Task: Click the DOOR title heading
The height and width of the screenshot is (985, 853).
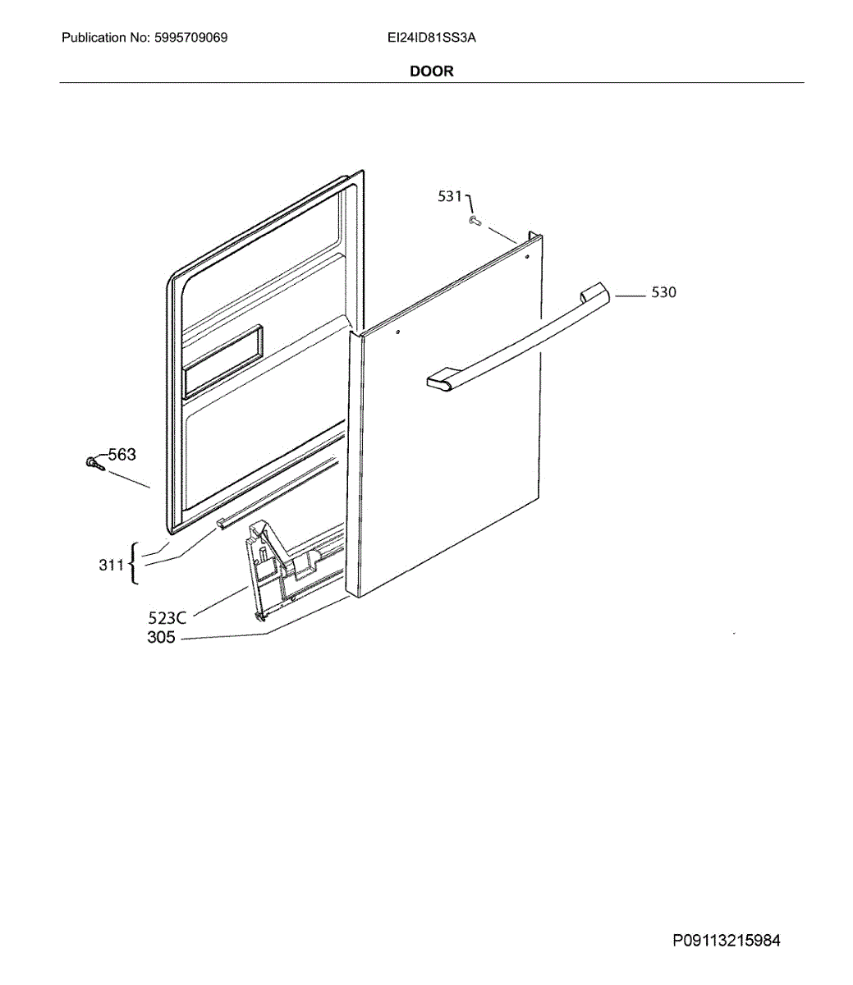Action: point(431,71)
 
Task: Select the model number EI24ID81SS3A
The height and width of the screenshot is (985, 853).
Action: point(432,38)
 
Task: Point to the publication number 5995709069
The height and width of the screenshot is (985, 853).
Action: point(190,38)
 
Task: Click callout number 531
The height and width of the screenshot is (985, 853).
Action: point(450,196)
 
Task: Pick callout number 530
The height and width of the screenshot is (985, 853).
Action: point(663,292)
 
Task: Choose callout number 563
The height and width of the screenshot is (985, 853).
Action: point(122,455)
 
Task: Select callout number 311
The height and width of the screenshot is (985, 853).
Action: point(111,565)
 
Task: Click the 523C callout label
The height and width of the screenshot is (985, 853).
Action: point(167,616)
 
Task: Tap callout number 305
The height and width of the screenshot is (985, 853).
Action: point(161,637)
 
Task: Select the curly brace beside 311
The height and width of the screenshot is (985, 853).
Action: point(135,564)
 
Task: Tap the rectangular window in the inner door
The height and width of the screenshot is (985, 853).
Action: point(223,358)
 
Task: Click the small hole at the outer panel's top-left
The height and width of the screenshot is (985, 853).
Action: point(397,332)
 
